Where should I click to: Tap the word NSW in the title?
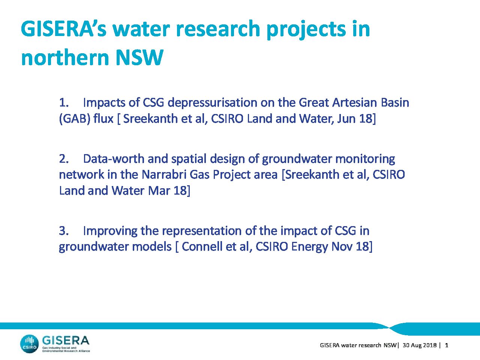pyautogui.click(x=139, y=57)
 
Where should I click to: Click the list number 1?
pyautogui.click(x=64, y=102)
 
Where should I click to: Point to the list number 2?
pyautogui.click(x=64, y=159)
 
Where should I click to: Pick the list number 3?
pyautogui.click(x=64, y=231)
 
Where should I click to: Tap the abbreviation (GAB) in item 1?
pyautogui.click(x=75, y=119)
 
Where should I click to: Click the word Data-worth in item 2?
pyautogui.click(x=114, y=159)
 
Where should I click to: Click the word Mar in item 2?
pyautogui.click(x=159, y=190)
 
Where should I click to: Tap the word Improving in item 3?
pyautogui.click(x=110, y=231)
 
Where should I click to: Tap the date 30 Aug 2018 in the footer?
pyautogui.click(x=420, y=345)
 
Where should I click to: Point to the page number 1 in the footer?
pyautogui.click(x=447, y=345)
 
